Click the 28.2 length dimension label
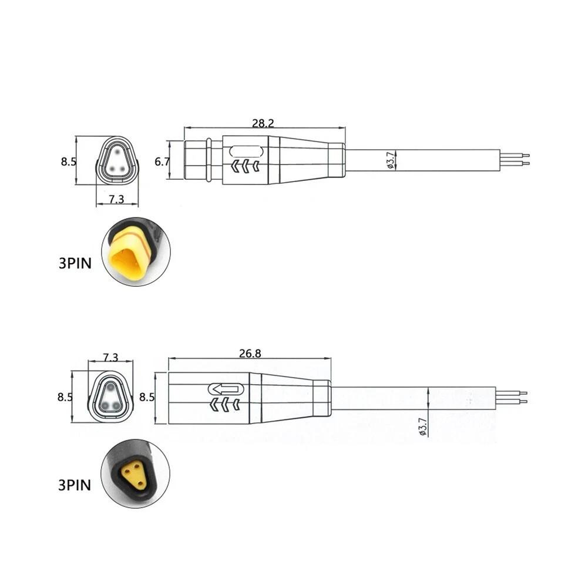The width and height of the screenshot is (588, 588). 263,123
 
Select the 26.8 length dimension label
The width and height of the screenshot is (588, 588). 250,354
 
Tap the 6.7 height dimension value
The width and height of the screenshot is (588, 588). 162,161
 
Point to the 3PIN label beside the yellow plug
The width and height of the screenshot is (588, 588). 75,263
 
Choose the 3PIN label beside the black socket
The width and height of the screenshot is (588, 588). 75,485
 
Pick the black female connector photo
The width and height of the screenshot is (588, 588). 135,474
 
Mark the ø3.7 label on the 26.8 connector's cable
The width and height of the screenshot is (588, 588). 422,427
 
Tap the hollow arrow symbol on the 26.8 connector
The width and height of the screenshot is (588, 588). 226,389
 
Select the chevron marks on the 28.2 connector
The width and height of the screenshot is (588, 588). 246,167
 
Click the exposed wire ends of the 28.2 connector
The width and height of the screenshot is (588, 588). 516,160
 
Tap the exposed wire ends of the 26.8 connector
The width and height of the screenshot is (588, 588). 513,398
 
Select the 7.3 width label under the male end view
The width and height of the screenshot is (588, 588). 117,199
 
